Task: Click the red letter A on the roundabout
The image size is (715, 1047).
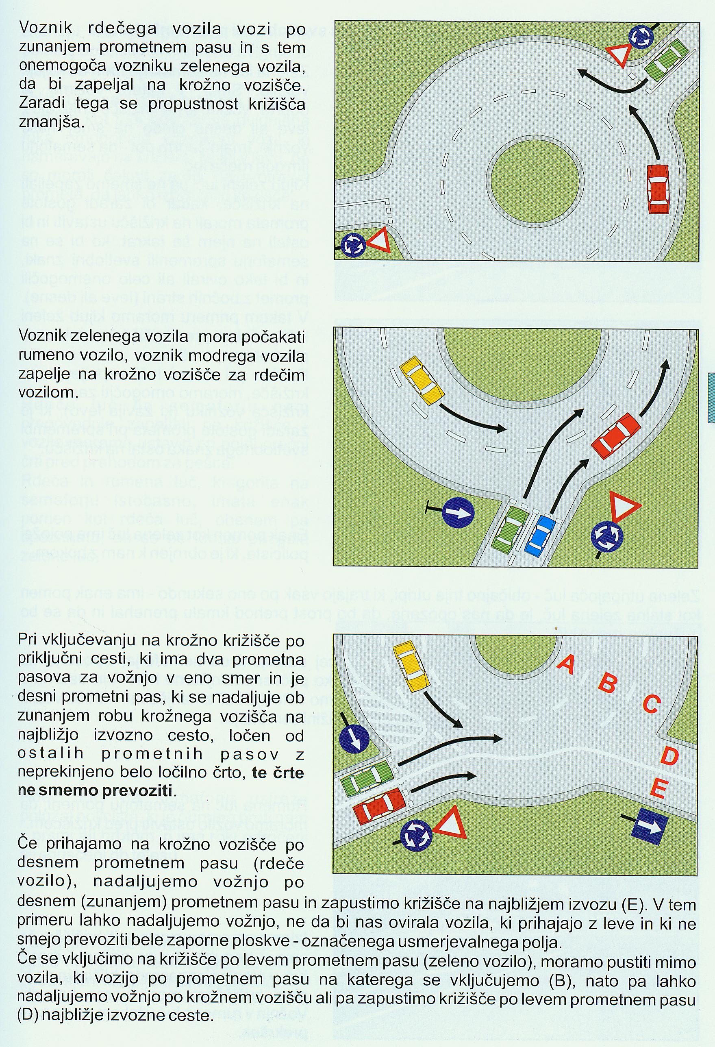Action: pyautogui.click(x=565, y=664)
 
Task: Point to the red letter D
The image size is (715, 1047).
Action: pyautogui.click(x=669, y=756)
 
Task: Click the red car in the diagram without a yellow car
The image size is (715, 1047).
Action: pyautogui.click(x=658, y=189)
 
